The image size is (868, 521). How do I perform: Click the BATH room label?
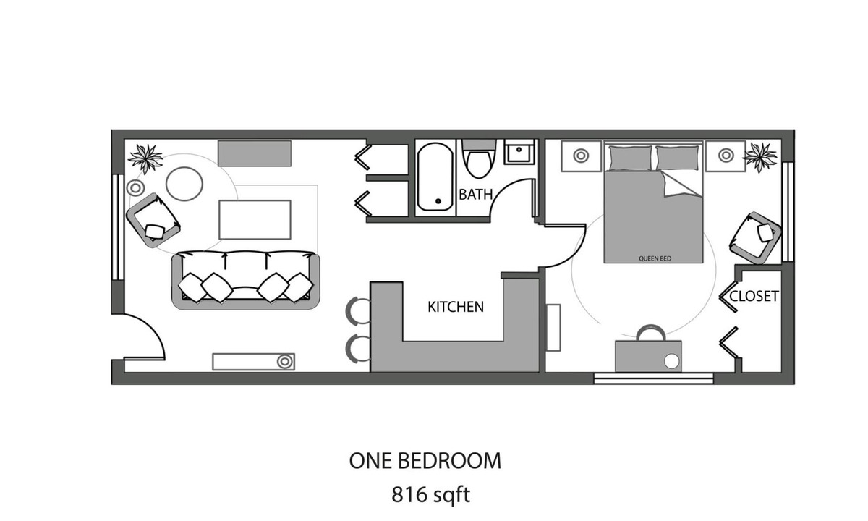click(x=476, y=194)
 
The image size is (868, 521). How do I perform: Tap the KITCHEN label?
click(x=456, y=307)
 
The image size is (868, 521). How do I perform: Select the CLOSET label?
click(x=754, y=296)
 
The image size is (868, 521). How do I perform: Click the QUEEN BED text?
click(x=652, y=258)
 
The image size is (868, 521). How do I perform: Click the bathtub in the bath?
click(x=435, y=177)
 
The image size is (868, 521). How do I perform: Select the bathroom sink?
click(x=519, y=153)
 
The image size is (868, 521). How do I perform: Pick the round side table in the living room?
click(x=184, y=184)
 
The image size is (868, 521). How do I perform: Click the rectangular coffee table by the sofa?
click(x=255, y=219)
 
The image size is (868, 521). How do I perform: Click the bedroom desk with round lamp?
click(x=648, y=355)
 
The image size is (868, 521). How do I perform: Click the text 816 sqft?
click(x=431, y=495)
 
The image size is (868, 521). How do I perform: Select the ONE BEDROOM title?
click(x=425, y=460)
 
